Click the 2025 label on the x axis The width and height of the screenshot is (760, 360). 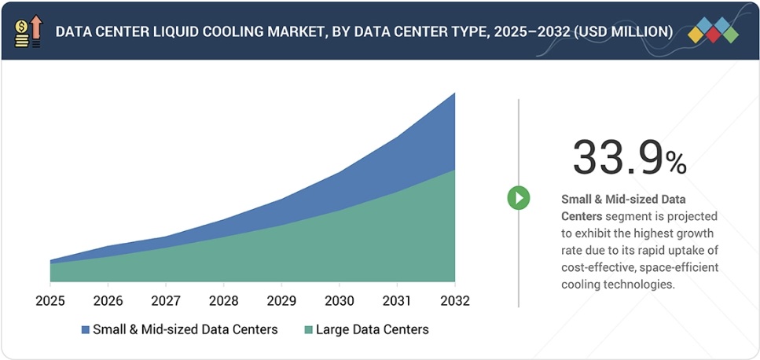[x=50, y=300]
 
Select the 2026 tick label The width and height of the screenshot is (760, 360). [x=108, y=300]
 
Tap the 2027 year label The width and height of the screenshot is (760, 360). [x=165, y=300]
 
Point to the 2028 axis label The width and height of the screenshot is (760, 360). [x=223, y=300]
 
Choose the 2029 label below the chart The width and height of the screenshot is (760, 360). [x=281, y=300]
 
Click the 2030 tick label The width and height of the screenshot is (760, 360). [x=339, y=300]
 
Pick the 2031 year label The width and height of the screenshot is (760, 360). [x=397, y=300]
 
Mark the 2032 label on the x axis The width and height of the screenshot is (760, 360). [x=454, y=300]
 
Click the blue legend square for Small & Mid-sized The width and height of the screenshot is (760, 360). [x=84, y=329]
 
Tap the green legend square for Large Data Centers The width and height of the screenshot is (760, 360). [x=307, y=329]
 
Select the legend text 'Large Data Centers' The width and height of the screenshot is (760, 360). [x=372, y=329]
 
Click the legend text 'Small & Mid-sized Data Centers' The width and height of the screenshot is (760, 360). [x=185, y=329]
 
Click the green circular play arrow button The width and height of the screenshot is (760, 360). [x=518, y=198]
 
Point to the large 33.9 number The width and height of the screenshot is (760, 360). [x=617, y=157]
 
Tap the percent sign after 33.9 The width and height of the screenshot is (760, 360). [x=676, y=163]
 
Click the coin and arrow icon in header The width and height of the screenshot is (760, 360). [x=28, y=31]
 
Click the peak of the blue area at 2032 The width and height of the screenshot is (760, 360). [x=454, y=94]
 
